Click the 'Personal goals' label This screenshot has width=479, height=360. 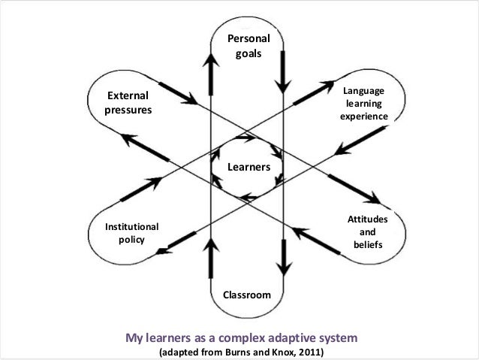pos(247,46)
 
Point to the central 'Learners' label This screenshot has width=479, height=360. pos(249,167)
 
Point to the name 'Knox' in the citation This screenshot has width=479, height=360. pos(277,351)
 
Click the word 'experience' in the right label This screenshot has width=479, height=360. pos(364,117)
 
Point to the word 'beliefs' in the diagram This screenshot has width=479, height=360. pos(367,245)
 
